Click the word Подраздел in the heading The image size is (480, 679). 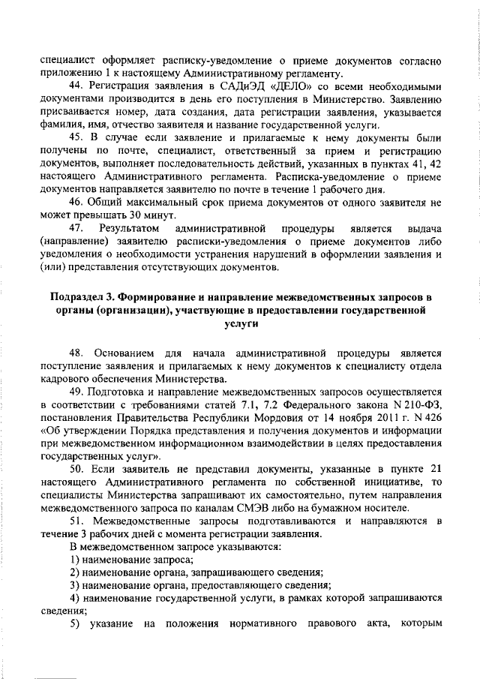tap(79, 297)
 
